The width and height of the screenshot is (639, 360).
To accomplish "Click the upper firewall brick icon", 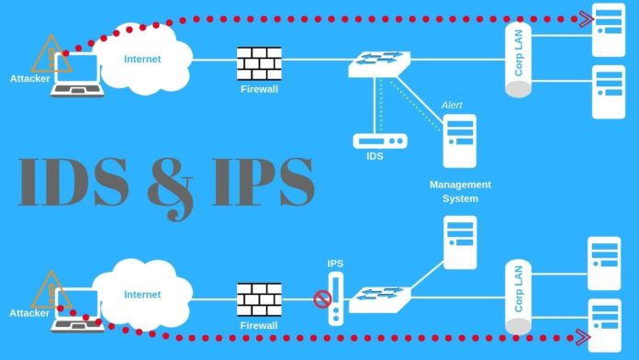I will pos(259,62).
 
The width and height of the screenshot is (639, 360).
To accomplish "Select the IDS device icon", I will pos(379,141).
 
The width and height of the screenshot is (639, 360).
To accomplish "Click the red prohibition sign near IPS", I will pos(321,298).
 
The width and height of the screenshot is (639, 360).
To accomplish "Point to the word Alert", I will pos(453,105).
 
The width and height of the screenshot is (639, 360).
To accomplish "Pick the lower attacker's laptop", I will pos(76,307).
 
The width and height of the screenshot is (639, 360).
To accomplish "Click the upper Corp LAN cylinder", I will pos(519,60).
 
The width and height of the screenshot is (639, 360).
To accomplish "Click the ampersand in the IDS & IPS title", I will pos(174,184).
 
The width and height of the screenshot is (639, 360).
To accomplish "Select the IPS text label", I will pos(335,264).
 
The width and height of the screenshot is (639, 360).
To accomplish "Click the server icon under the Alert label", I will pos(459,141).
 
